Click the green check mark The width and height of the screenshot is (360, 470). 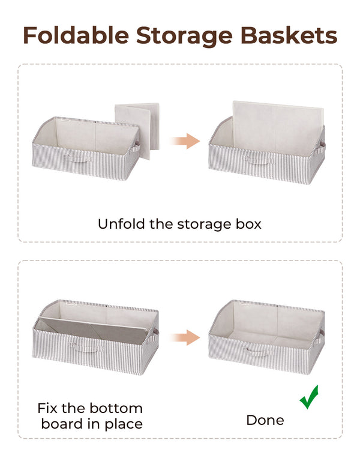[x=310, y=397]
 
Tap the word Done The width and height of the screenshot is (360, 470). [x=265, y=420]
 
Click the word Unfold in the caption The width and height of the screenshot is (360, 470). [x=120, y=224]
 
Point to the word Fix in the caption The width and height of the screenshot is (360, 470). [x=49, y=408]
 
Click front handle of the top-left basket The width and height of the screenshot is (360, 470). [x=79, y=158]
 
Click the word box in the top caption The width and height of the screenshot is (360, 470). [x=248, y=224]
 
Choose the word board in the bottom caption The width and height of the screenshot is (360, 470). [x=61, y=424]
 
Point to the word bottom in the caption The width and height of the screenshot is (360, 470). [x=116, y=408]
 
